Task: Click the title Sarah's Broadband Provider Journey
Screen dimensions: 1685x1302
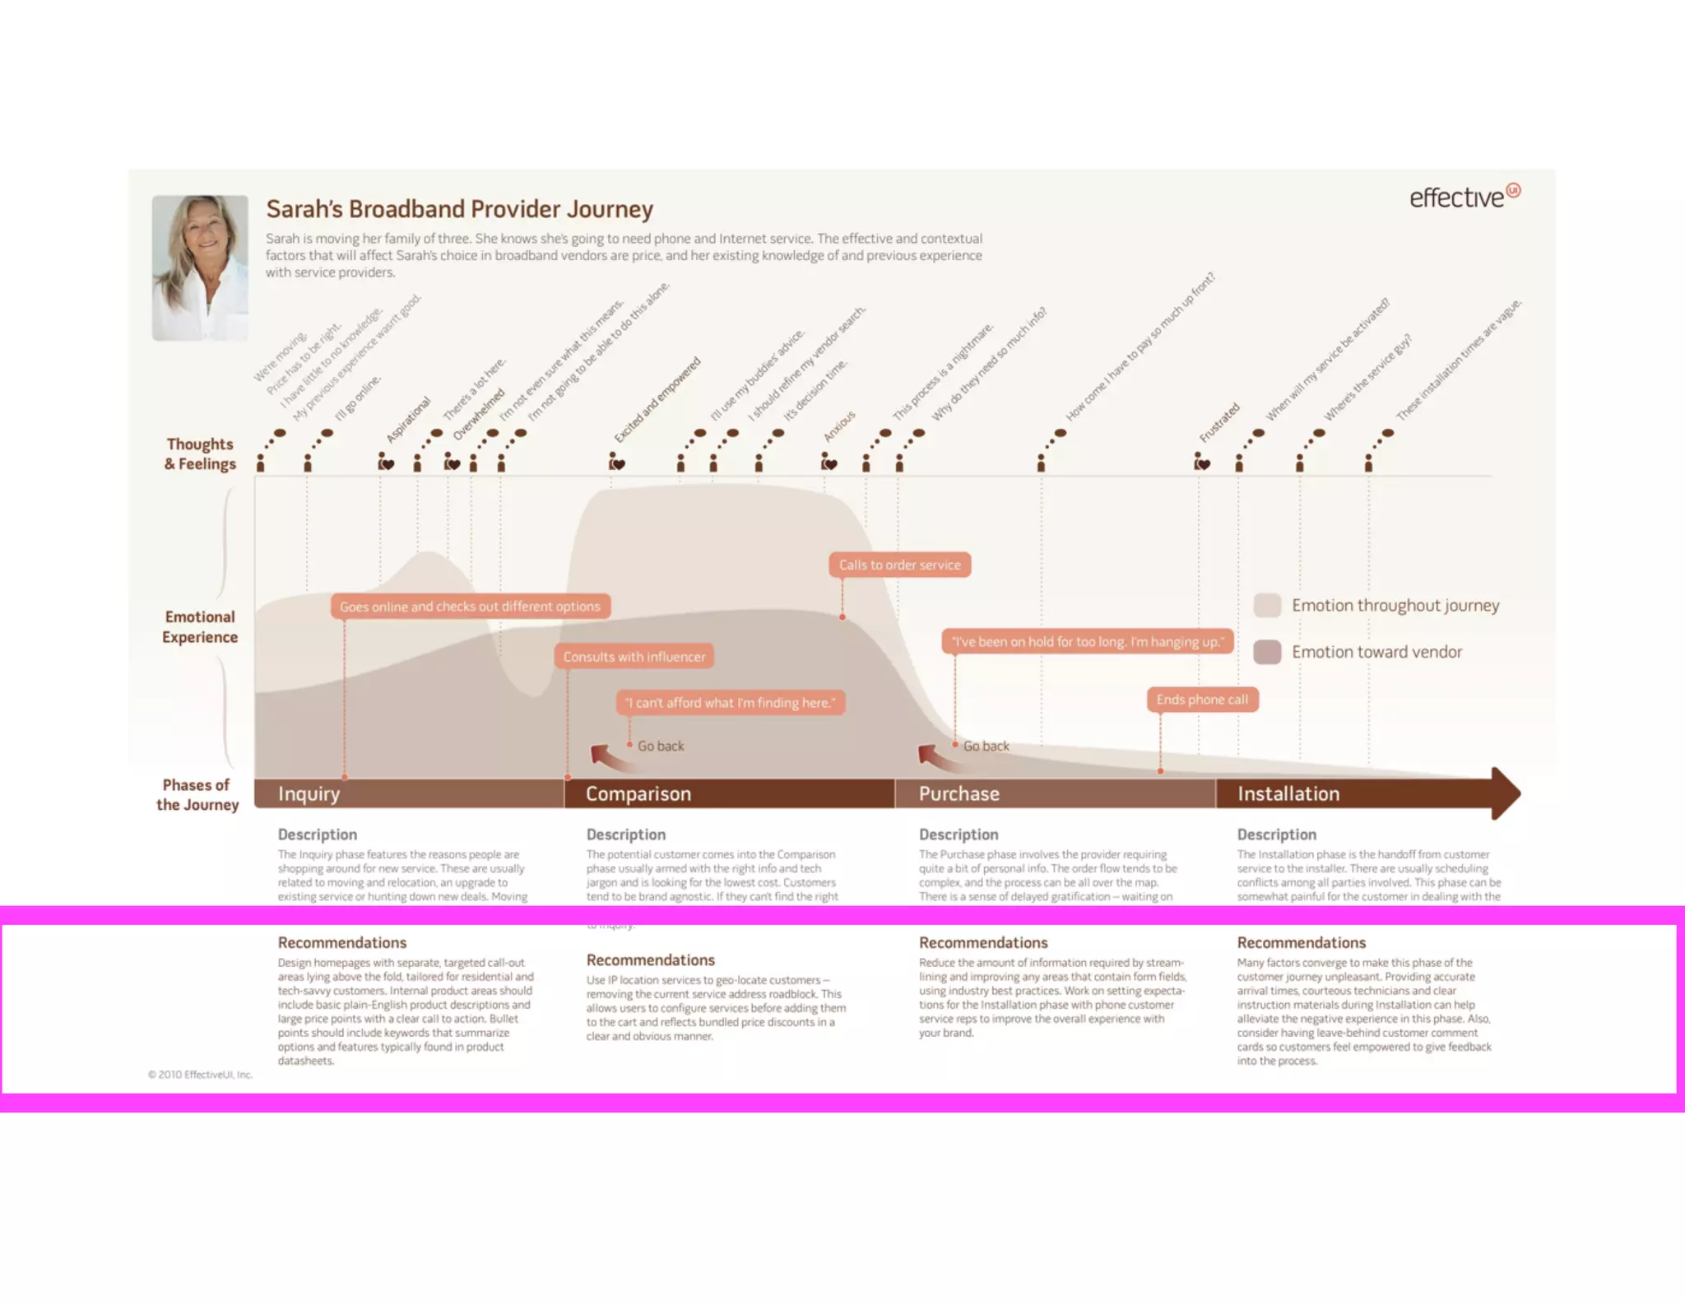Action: click(x=459, y=209)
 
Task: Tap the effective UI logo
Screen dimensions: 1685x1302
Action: click(x=1464, y=197)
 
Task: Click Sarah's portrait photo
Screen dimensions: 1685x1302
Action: click(x=200, y=267)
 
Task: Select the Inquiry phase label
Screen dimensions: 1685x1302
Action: click(x=309, y=793)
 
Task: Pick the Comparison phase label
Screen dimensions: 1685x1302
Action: click(x=638, y=793)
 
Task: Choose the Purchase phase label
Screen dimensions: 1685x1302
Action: click(x=959, y=793)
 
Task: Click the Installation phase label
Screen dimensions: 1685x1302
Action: click(x=1288, y=793)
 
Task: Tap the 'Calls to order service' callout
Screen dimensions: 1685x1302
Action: click(x=899, y=565)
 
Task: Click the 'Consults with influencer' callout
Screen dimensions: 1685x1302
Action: click(x=634, y=656)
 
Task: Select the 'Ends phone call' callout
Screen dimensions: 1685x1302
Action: click(x=1202, y=700)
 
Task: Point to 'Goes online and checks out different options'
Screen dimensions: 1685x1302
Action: click(x=470, y=607)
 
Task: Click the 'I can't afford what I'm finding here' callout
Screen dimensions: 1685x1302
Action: click(x=730, y=702)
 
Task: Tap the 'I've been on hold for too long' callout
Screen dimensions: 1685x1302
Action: click(x=1087, y=641)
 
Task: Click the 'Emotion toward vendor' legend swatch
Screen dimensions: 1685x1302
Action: click(x=1267, y=652)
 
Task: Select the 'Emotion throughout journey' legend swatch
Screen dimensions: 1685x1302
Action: click(x=1267, y=605)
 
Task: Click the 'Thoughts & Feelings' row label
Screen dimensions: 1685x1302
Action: click(x=200, y=453)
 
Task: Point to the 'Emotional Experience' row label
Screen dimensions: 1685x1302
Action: click(x=200, y=626)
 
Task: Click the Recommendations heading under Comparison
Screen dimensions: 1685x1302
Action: click(x=650, y=960)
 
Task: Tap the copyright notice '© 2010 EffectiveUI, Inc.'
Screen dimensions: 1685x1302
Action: click(x=200, y=1074)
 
